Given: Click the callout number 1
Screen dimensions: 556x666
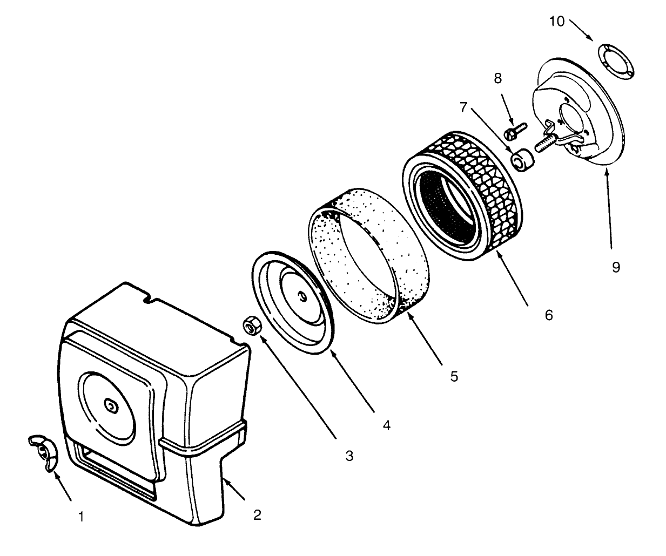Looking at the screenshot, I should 80,517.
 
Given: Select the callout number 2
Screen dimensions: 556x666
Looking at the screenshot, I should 257,514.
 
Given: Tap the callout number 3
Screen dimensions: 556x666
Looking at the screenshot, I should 349,456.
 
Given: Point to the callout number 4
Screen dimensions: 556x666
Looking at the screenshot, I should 386,425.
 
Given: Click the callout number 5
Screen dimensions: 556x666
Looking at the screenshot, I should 454,376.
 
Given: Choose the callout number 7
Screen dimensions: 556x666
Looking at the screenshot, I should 463,107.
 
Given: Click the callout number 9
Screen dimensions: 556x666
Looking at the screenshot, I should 616,267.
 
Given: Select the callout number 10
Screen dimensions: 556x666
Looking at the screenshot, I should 556,22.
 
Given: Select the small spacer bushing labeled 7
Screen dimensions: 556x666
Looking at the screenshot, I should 522,161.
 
